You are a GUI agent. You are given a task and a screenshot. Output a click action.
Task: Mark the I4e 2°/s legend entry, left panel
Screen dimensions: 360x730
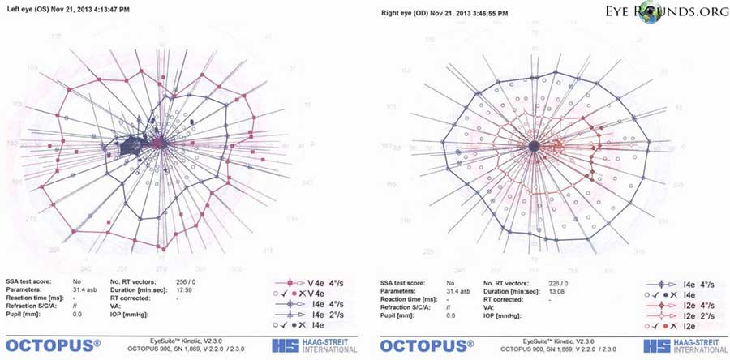coord(310,312)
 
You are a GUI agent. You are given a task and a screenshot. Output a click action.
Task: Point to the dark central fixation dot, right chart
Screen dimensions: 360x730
coord(533,145)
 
